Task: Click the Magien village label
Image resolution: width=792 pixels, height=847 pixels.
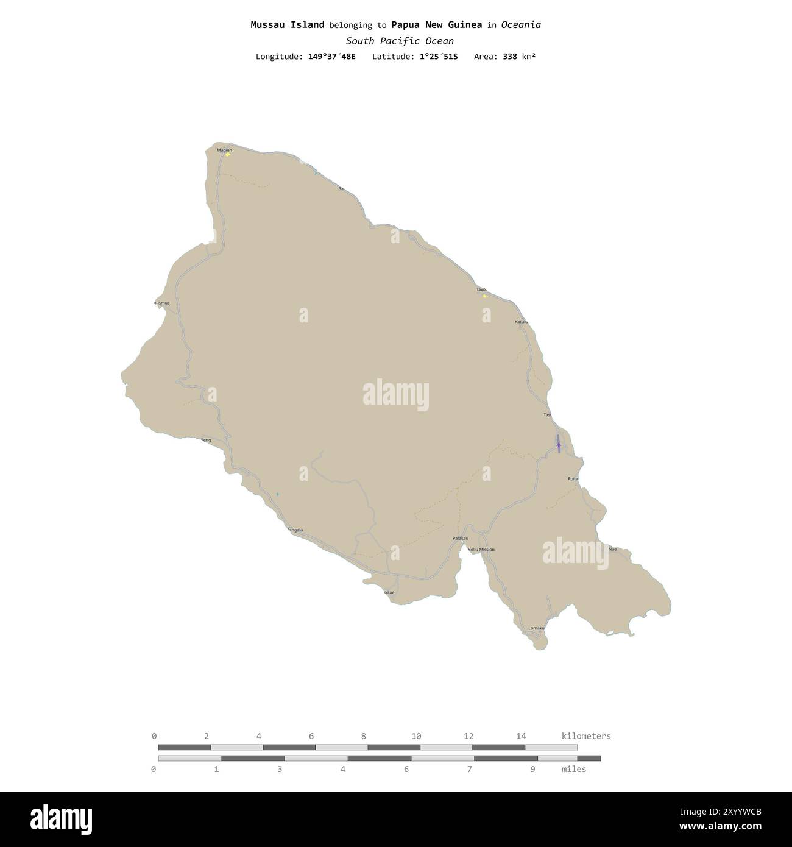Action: [x=224, y=150]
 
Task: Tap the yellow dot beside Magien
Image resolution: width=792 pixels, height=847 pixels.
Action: [x=228, y=155]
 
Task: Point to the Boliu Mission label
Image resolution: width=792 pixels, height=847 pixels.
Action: [x=481, y=550]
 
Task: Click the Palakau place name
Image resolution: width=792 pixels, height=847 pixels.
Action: [x=461, y=539]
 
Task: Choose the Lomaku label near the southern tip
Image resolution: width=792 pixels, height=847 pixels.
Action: [x=536, y=628]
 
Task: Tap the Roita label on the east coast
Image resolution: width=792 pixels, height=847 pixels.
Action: [x=573, y=480]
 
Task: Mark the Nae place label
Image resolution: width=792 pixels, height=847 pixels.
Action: [x=613, y=549]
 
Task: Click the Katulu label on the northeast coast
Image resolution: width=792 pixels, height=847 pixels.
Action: [x=521, y=322]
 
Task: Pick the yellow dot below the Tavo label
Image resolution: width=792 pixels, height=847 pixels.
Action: [x=484, y=296]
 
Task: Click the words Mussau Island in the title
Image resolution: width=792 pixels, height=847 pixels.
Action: [x=287, y=25]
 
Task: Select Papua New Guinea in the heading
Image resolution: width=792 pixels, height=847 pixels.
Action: [x=436, y=25]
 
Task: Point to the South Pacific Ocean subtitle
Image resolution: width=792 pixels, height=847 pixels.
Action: [x=400, y=41]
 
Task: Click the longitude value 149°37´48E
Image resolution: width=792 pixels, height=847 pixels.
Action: [x=331, y=57]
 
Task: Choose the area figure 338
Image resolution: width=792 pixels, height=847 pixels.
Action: [x=509, y=57]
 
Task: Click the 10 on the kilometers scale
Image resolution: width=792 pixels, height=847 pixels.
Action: [x=416, y=736]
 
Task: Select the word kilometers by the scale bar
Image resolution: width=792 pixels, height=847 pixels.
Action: [x=585, y=736]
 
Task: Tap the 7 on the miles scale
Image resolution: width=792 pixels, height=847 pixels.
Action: [x=470, y=769]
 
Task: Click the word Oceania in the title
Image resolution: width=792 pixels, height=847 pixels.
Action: [x=521, y=25]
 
